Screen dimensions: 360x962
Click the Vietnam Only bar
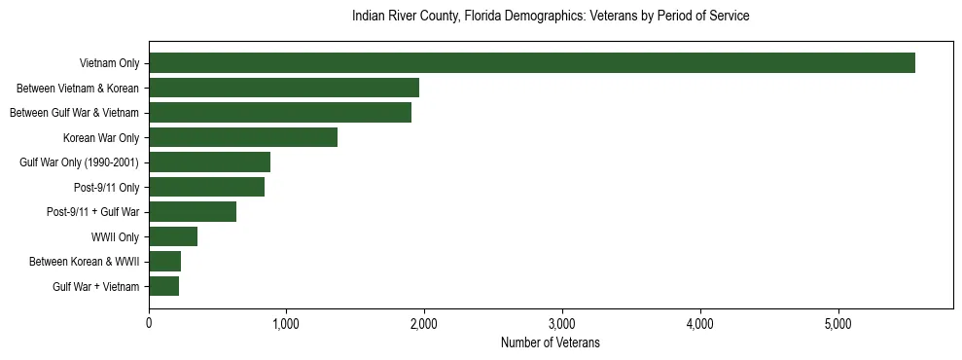click(532, 63)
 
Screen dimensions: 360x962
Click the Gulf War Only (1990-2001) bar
click(209, 162)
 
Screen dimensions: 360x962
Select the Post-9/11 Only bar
click(206, 187)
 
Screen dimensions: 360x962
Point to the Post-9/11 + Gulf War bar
click(193, 212)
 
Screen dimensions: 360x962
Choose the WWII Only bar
click(173, 236)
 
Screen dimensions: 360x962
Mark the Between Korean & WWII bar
click(165, 261)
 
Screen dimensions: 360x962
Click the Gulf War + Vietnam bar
click(164, 286)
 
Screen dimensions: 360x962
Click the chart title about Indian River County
click(551, 17)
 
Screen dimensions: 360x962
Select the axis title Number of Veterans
click(551, 343)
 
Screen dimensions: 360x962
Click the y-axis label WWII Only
click(115, 236)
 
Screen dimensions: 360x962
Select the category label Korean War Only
click(101, 137)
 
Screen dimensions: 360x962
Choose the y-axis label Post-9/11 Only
click(107, 187)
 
